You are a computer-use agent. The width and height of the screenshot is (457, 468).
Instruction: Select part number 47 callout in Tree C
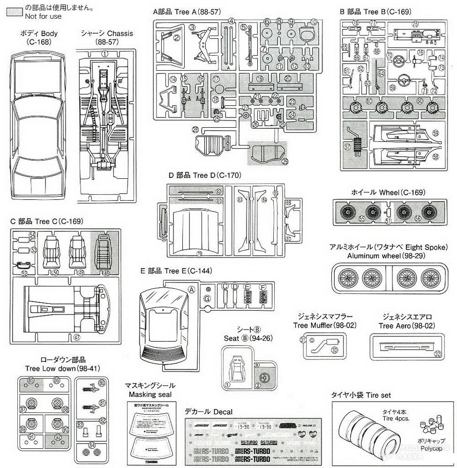pos(76,336)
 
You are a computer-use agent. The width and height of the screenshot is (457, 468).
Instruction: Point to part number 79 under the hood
pos(199,253)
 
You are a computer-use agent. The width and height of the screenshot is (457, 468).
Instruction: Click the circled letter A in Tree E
pos(191,290)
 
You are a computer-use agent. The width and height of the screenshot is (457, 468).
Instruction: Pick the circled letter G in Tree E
pos(207,299)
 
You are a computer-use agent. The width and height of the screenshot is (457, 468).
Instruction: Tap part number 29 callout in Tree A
pos(285,161)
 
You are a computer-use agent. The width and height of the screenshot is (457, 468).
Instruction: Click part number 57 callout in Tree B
pos(347,146)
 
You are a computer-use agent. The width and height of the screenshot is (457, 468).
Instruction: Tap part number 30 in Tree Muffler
pos(334,350)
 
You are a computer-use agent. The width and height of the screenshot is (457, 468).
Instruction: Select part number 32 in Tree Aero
pos(437,354)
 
